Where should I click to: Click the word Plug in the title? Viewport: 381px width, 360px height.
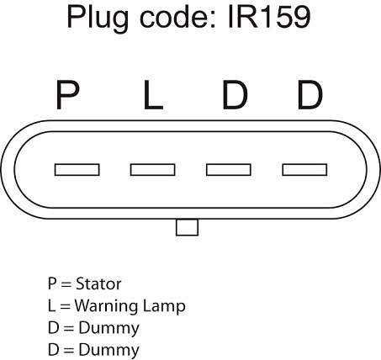pos(98,19)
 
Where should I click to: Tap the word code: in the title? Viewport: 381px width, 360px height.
pos(178,18)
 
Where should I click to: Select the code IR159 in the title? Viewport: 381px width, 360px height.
pos(269,17)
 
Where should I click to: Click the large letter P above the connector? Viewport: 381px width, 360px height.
pos(67,94)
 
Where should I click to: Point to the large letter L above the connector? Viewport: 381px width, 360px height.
pos(153,94)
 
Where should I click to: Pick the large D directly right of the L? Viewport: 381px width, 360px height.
pos(235,94)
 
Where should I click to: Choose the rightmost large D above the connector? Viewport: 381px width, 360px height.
pos(310,94)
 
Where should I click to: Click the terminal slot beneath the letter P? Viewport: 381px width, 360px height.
pos(77,170)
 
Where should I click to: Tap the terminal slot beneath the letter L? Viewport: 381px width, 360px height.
pos(153,170)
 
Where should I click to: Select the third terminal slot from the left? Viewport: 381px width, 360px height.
pos(229,170)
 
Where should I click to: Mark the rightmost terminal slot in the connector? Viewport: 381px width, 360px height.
pos(304,170)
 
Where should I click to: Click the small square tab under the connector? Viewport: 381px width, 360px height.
pos(188,227)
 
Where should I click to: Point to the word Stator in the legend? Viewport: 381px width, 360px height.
pos(98,283)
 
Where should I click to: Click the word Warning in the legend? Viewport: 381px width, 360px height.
pos(106,306)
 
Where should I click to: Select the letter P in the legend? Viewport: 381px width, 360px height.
pos(52,283)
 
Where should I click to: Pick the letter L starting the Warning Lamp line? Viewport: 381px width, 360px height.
pos(51,305)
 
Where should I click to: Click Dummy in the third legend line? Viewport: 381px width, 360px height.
pos(109,329)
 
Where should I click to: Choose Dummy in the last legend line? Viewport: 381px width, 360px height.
pos(109,351)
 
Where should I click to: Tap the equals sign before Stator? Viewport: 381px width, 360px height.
pos(66,284)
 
